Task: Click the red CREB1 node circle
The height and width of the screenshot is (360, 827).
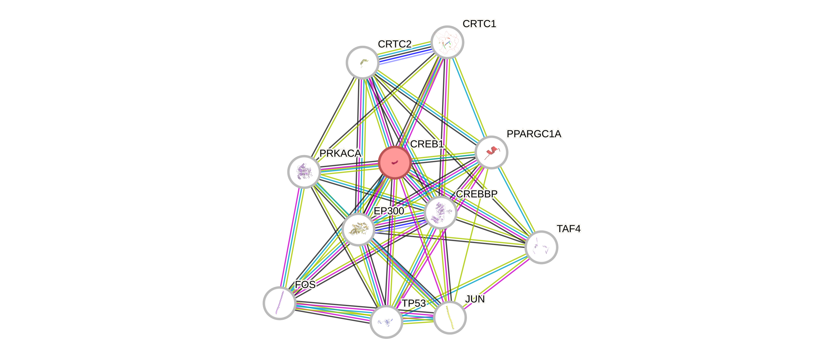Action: point(395,162)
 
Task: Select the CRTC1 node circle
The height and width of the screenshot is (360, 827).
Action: point(447,42)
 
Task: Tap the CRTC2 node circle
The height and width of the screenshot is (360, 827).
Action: point(363,62)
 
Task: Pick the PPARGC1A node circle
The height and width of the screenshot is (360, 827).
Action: point(491,152)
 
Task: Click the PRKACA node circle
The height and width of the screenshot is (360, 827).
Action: point(304,172)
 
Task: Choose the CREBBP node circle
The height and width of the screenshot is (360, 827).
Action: point(440,212)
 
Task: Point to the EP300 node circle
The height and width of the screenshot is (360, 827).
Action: point(358,229)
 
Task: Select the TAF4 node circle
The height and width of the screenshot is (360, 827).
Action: point(541,247)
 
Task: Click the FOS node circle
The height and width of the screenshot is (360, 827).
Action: point(279,303)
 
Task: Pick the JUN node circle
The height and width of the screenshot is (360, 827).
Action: point(450,318)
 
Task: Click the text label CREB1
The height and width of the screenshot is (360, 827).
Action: point(427,144)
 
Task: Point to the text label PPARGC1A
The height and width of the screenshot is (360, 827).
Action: point(534,133)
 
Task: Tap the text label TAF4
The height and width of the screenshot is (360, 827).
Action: point(568,229)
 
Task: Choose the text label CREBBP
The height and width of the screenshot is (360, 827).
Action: point(477,194)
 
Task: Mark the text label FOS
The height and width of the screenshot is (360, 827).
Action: point(305,284)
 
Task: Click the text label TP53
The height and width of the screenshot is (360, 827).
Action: point(414,303)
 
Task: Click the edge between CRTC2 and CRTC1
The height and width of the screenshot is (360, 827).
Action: point(405,52)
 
